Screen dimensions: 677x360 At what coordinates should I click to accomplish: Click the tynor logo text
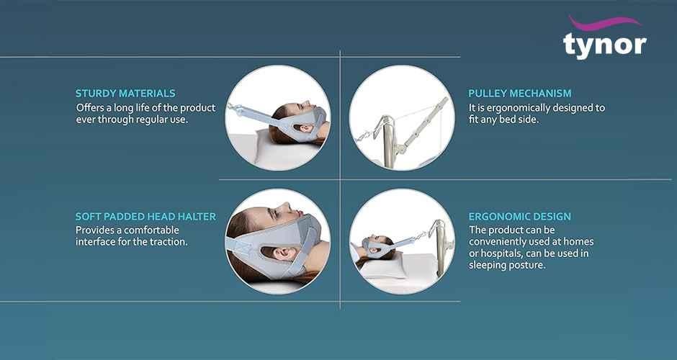604,45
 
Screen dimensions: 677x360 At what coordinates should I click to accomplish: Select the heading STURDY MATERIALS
125,93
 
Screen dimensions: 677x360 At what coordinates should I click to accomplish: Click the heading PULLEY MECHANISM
520,93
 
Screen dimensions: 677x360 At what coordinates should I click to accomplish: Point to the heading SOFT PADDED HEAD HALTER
146,216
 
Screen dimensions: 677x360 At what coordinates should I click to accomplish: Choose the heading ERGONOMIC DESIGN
520,216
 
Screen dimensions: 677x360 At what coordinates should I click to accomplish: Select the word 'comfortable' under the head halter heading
151,230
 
